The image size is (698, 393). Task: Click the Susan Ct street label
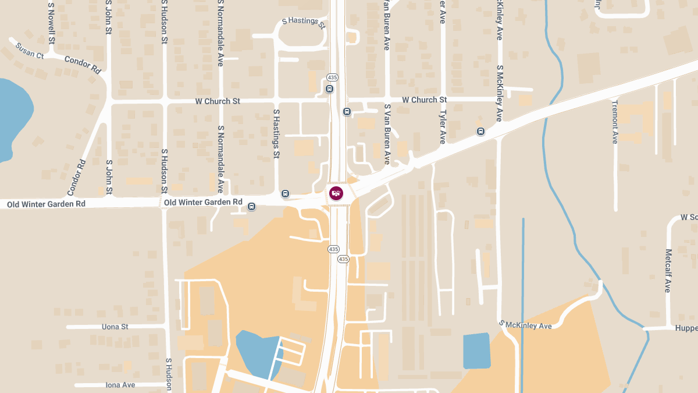click(30, 51)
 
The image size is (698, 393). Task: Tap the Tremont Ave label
click(615, 122)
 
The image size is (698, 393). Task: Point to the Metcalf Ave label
click(668, 271)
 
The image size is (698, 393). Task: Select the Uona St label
click(115, 327)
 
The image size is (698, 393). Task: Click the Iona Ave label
click(120, 385)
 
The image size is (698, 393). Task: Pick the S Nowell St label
click(52, 23)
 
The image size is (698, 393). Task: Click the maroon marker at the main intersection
click(336, 193)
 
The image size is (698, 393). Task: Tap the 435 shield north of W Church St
click(332, 77)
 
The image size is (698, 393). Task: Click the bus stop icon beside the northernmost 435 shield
click(330, 89)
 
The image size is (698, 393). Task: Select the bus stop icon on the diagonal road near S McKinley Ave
click(480, 131)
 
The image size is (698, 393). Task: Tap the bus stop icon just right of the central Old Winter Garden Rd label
click(251, 206)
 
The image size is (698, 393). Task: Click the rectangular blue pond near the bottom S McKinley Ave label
click(476, 350)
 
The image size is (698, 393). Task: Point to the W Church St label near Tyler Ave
click(424, 100)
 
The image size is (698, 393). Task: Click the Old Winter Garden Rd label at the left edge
click(46, 204)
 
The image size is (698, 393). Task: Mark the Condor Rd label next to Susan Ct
click(83, 65)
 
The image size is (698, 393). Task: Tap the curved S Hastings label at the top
click(303, 22)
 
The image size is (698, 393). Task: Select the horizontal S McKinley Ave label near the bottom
click(525, 325)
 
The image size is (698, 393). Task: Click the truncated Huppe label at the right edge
click(686, 328)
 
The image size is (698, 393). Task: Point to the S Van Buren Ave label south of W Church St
click(387, 134)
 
